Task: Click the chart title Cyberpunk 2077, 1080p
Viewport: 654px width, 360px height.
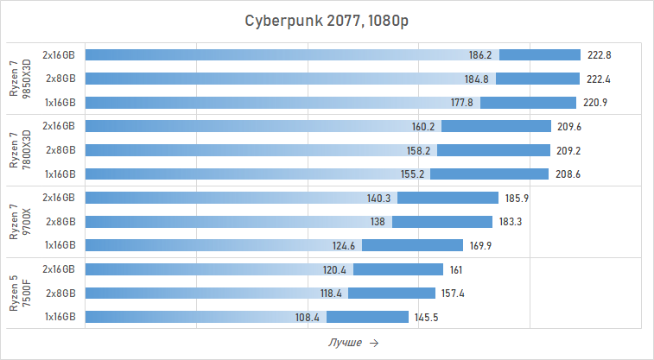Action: tap(327, 20)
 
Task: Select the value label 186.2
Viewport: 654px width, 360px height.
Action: tap(480, 54)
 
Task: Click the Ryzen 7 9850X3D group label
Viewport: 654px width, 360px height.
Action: tap(19, 78)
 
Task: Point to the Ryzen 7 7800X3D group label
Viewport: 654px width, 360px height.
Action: tap(19, 150)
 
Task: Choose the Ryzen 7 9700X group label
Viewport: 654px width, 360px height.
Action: tap(19, 222)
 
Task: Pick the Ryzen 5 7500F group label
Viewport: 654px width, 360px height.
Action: tap(19, 294)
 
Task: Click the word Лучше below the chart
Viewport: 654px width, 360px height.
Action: tap(344, 343)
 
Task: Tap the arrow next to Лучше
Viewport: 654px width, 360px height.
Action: tap(373, 343)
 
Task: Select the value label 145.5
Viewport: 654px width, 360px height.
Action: tap(427, 318)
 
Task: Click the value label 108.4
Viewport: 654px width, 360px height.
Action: tap(308, 318)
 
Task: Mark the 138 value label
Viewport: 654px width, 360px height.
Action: tap(378, 222)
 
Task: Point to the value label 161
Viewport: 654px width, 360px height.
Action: tap(456, 270)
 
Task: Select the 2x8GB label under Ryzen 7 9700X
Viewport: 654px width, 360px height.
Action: tap(60, 222)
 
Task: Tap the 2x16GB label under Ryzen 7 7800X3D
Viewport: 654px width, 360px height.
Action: tap(59, 126)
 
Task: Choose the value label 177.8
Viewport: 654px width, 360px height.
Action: tap(462, 102)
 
